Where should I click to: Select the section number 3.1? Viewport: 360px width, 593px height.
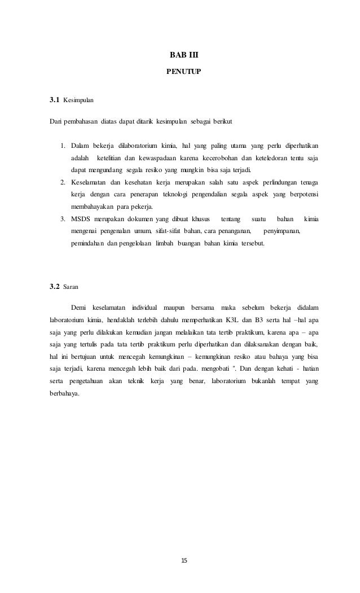click(x=54, y=100)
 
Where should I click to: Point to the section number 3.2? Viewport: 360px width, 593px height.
click(x=54, y=287)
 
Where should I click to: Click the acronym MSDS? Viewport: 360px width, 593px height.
click(x=81, y=218)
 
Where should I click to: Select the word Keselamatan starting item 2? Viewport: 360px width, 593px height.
click(x=91, y=182)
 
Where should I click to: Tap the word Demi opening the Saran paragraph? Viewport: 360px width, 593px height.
click(x=78, y=307)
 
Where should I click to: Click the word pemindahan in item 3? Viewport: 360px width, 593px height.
click(x=90, y=243)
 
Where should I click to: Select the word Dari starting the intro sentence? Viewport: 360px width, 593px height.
click(x=55, y=121)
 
